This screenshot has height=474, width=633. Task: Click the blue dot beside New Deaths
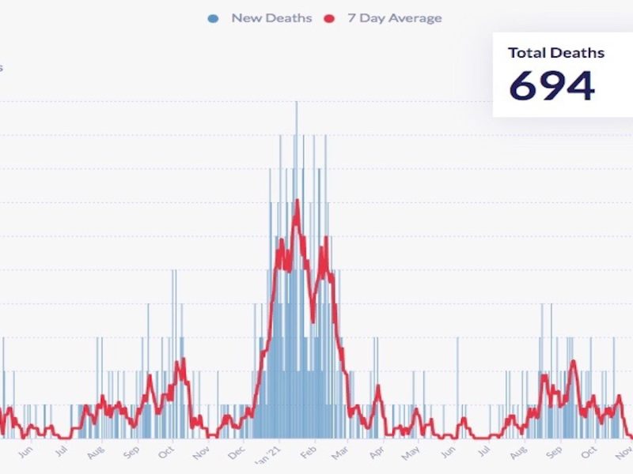click(x=214, y=18)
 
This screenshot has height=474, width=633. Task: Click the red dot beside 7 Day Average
click(x=331, y=18)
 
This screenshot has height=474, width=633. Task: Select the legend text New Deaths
click(x=271, y=18)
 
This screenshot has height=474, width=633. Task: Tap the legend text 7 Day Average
click(x=394, y=18)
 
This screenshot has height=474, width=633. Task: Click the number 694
click(x=552, y=86)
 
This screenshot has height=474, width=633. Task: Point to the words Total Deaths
click(x=556, y=53)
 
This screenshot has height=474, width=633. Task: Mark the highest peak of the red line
click(x=297, y=200)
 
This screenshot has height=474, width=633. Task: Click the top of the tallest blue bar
click(x=297, y=102)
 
